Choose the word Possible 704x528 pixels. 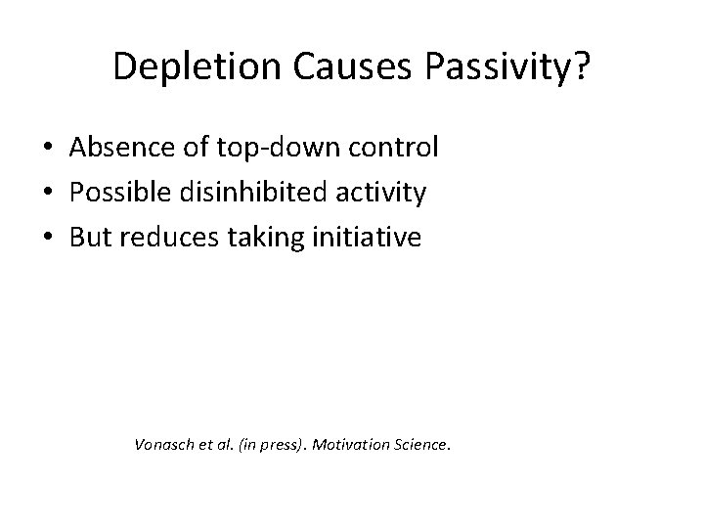tap(115, 192)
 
